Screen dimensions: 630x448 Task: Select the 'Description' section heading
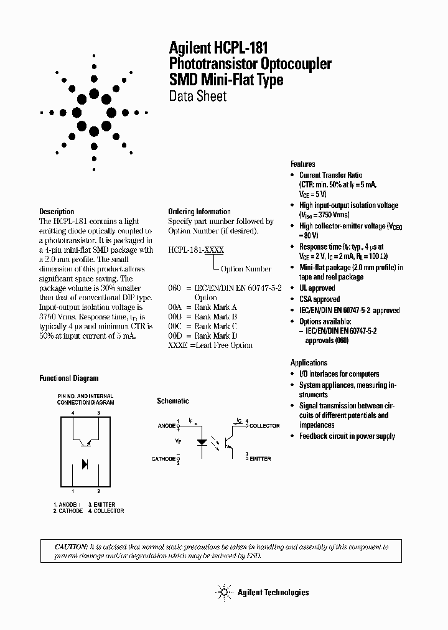(57, 212)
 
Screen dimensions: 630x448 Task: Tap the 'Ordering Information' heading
(199, 212)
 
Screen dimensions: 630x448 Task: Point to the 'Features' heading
(303, 164)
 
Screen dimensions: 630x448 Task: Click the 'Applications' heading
(309, 362)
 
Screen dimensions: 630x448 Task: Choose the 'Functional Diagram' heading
(68, 378)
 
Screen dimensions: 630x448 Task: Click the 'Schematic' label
(172, 402)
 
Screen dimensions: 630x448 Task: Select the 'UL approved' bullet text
(317, 288)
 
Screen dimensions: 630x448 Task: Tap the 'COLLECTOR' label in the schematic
(264, 426)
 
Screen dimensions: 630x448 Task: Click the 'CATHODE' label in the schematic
(164, 459)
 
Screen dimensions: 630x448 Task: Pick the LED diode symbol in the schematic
(202, 443)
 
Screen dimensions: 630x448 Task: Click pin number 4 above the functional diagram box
(73, 413)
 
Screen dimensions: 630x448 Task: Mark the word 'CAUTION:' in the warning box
(72, 547)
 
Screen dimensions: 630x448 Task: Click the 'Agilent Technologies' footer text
(273, 592)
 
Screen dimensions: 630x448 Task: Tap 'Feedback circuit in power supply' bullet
(347, 436)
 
